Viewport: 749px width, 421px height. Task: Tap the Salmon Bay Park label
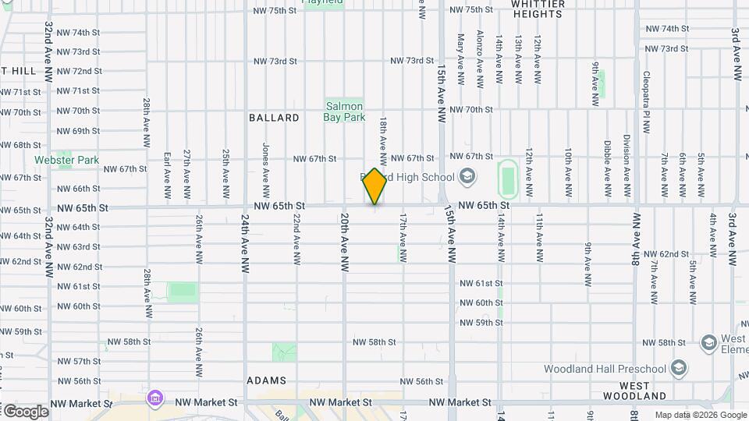(x=344, y=111)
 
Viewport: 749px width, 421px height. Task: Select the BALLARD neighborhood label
(x=274, y=118)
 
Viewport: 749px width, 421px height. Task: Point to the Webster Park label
(x=66, y=160)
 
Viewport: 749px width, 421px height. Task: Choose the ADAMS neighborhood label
(x=266, y=380)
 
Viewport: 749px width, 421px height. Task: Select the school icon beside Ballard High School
(x=467, y=177)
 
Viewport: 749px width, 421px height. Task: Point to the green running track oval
(x=509, y=179)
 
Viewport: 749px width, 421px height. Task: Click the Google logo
(x=25, y=411)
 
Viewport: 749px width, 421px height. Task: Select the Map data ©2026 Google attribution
(x=700, y=415)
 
